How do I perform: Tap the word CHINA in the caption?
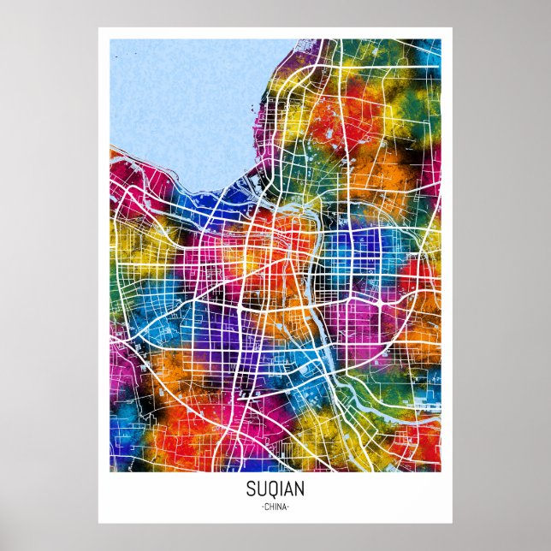pyautogui.click(x=275, y=507)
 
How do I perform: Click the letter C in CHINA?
pyautogui.click(x=266, y=507)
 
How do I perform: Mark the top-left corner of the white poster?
pyautogui.click(x=98, y=28)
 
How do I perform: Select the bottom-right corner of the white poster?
pyautogui.click(x=453, y=522)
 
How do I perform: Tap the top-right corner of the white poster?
pyautogui.click(x=453, y=28)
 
